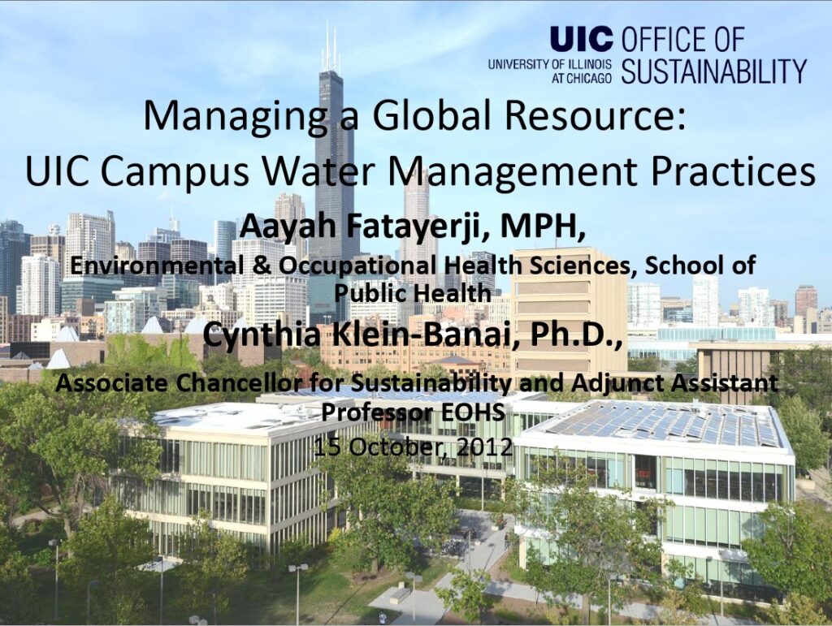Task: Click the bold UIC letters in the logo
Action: (x=581, y=39)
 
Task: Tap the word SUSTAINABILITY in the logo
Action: (x=713, y=71)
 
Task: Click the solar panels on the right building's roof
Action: (x=663, y=423)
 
